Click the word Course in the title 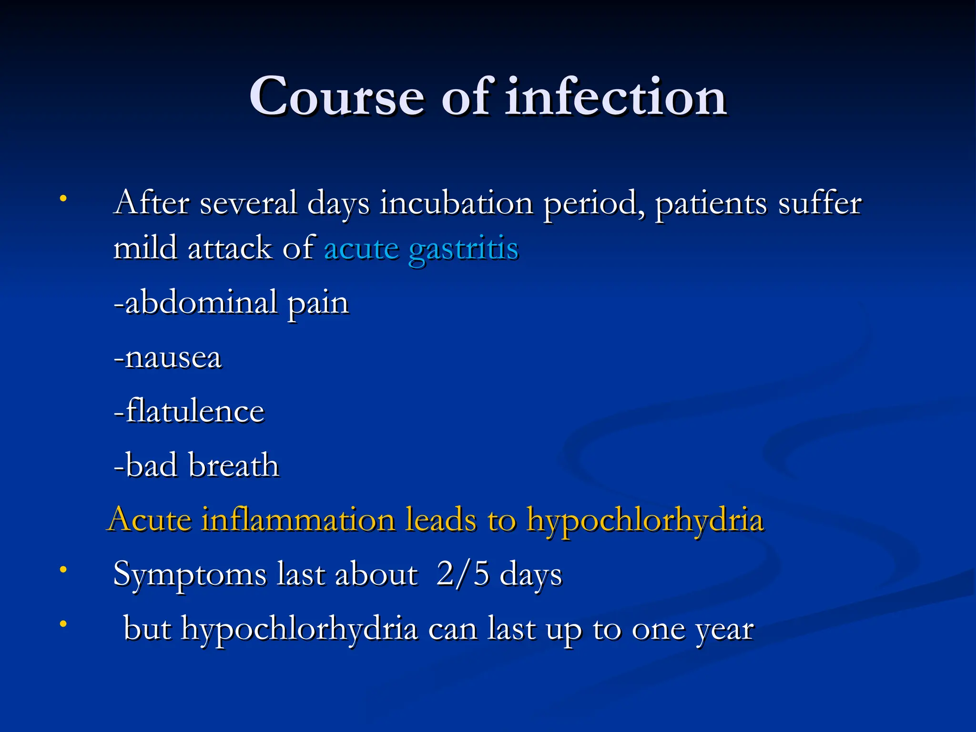click(336, 97)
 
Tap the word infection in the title click(616, 97)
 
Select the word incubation click(456, 203)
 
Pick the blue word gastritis click(463, 250)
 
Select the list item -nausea click(168, 357)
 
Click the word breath click(234, 465)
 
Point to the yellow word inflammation click(298, 519)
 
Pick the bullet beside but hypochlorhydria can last click(63, 623)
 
